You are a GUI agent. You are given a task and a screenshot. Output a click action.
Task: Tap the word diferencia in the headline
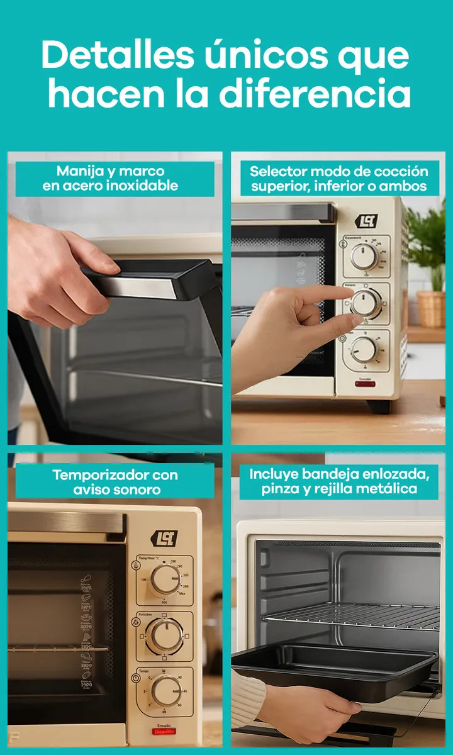tap(315, 95)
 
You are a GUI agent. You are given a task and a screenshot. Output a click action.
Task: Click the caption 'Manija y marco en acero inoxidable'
tap(111, 178)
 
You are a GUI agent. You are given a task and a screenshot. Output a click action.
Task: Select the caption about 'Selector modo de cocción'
tap(338, 178)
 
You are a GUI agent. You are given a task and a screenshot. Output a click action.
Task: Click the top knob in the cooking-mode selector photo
tap(364, 256)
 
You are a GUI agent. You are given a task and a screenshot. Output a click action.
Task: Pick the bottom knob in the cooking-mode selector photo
tap(364, 349)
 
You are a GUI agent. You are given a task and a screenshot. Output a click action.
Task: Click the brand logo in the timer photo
tap(164, 539)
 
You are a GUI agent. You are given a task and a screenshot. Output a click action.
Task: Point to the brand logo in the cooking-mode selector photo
tap(367, 221)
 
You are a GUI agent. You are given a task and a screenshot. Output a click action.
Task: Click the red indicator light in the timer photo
tap(164, 732)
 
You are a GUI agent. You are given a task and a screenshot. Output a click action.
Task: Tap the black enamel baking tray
tap(333, 670)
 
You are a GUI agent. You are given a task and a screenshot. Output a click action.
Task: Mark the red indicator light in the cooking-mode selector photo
tap(365, 384)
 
